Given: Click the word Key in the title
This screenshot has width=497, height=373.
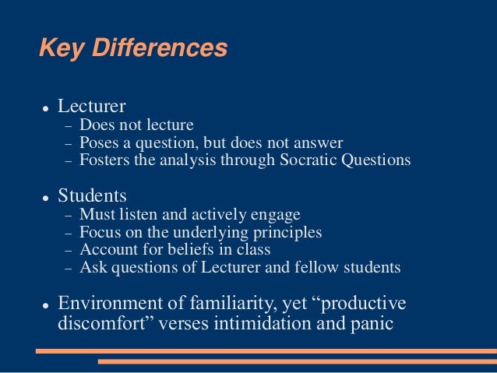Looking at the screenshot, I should coord(61,48).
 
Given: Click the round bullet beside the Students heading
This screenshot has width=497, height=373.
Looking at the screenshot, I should coord(47,196).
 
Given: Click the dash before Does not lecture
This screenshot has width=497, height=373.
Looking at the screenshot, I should coord(67,125).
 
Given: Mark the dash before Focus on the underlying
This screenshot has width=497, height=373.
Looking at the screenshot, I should coord(67,233).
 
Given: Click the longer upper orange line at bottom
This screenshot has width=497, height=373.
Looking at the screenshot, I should coord(266,351).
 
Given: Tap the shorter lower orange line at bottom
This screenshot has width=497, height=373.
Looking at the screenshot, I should coord(297,362).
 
